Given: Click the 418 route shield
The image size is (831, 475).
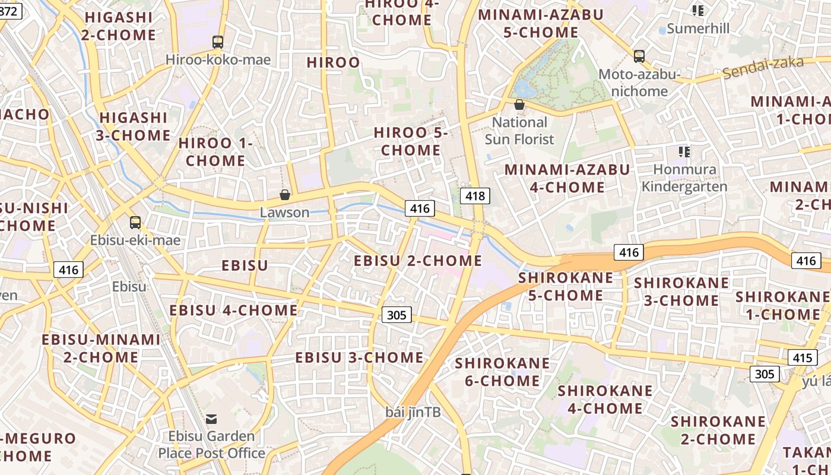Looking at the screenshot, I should click(x=475, y=196).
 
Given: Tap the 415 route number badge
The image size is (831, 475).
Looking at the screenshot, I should click(x=802, y=358).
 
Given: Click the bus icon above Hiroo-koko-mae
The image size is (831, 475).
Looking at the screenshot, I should click(x=218, y=42).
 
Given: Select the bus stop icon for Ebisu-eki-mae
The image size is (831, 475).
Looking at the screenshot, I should click(x=135, y=223).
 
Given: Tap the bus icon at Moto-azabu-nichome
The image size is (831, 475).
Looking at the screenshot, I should click(x=639, y=56).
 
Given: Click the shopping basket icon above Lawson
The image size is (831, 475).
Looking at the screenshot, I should click(x=285, y=195).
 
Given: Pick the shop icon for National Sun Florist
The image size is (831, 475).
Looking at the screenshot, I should click(x=519, y=105).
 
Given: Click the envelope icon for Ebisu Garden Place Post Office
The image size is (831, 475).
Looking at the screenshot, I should click(x=211, y=419).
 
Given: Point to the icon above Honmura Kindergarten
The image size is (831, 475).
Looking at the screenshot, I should click(x=684, y=152).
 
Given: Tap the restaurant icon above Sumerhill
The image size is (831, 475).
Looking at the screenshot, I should click(x=697, y=11).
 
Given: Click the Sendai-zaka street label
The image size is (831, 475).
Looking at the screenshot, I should click(x=763, y=68).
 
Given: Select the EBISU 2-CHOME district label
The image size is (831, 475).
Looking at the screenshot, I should click(x=418, y=261).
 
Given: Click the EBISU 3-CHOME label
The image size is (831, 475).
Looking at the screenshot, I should click(x=359, y=357).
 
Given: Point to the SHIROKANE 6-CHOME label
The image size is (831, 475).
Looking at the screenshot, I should click(x=502, y=372).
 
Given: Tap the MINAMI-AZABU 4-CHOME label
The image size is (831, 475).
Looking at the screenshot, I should click(x=567, y=178).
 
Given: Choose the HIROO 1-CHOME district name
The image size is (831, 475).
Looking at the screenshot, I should click(x=215, y=152).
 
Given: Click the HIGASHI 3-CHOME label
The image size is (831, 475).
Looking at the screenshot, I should click(x=134, y=126).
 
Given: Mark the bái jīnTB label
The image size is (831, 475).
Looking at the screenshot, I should click(x=413, y=411).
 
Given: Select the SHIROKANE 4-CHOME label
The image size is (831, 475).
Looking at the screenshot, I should click(x=605, y=399).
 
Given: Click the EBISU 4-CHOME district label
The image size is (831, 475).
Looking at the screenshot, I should click(x=233, y=311).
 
